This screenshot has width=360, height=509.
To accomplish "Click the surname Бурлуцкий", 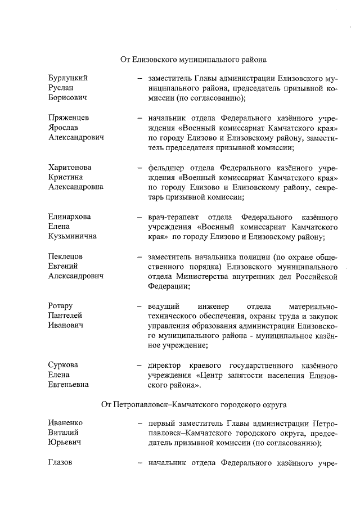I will click(x=68, y=78).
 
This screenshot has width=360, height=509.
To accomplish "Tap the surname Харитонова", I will click(x=70, y=168).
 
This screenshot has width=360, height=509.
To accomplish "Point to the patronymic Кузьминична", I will click(x=72, y=236).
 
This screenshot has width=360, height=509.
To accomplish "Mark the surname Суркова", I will click(x=63, y=365).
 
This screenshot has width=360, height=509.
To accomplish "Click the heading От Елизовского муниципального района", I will click(x=193, y=58).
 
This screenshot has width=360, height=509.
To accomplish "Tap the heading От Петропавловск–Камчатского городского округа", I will click(x=194, y=404).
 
